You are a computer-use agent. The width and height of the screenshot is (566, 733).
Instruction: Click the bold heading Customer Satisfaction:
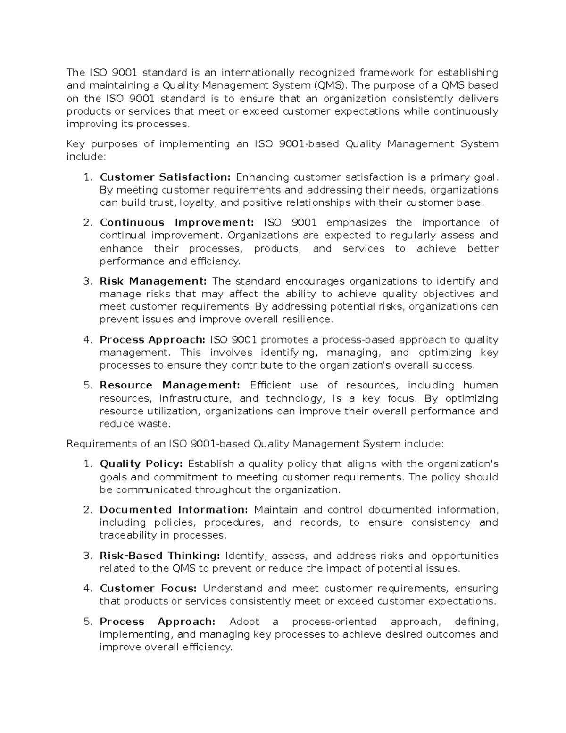click(x=165, y=177)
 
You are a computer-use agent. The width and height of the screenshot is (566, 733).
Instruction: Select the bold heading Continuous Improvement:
click(x=176, y=223)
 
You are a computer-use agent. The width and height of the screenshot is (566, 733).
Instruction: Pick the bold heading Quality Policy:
click(x=141, y=464)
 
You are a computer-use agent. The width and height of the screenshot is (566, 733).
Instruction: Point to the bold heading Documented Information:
click(x=174, y=510)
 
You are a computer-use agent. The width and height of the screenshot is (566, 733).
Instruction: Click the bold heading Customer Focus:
click(x=147, y=589)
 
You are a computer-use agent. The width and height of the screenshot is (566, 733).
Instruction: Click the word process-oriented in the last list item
click(x=334, y=622)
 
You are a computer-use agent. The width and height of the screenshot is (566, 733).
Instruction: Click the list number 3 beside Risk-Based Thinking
click(x=87, y=556)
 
